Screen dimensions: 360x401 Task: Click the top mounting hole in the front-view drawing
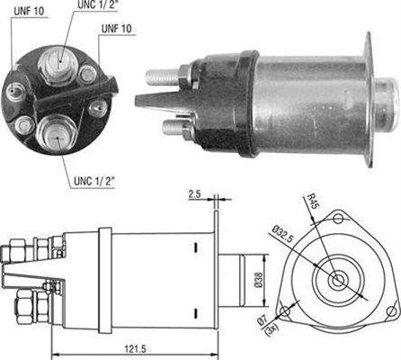(338, 217)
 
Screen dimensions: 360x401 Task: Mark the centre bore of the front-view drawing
(338, 280)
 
